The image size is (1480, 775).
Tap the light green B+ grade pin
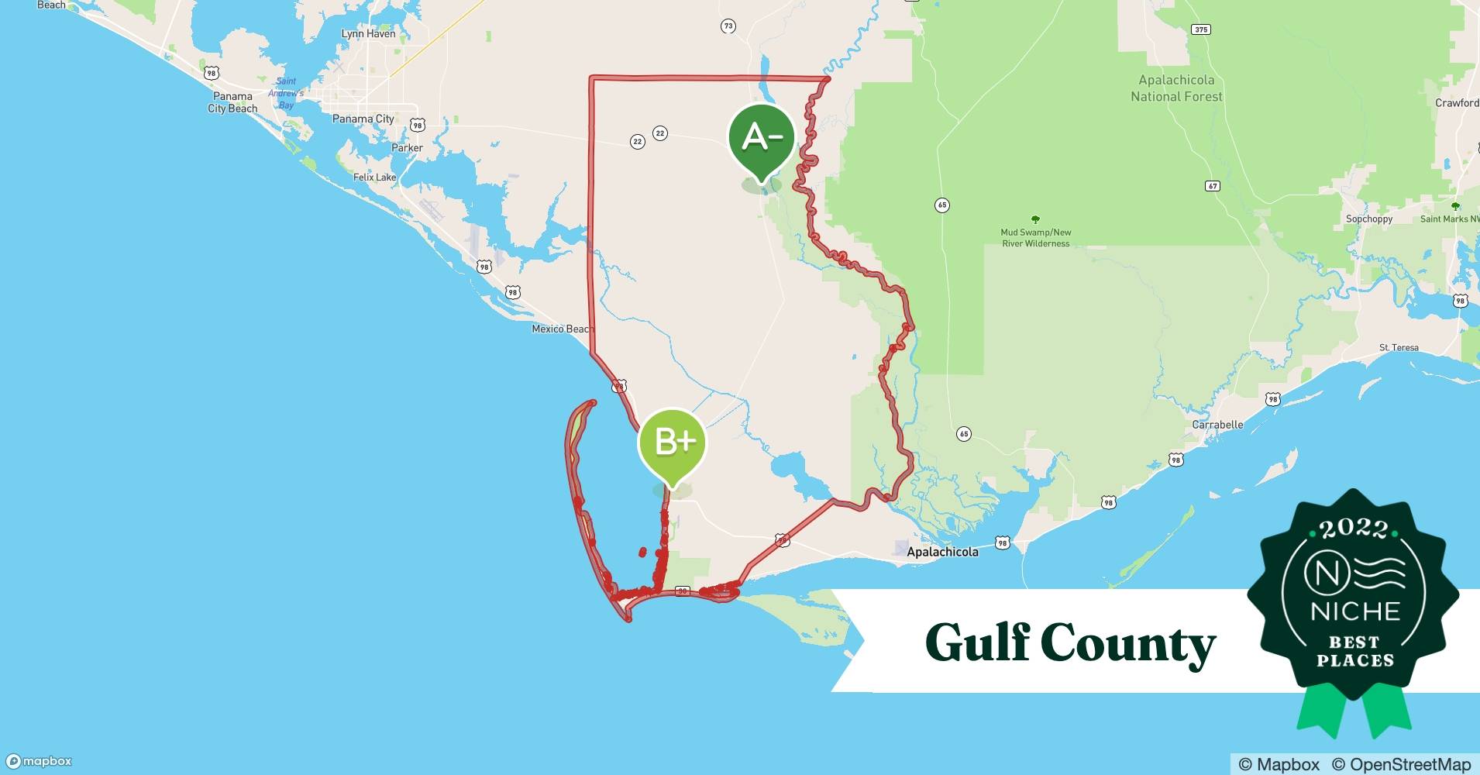tap(672, 443)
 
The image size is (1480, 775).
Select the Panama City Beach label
tap(232, 102)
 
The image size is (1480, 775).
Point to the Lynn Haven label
tap(369, 34)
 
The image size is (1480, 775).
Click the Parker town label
tap(407, 148)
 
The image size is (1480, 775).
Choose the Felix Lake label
tap(374, 177)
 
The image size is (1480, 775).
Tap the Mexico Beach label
tap(562, 329)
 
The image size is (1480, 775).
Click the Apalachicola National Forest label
tap(1176, 88)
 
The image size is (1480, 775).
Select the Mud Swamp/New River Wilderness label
tap(1036, 238)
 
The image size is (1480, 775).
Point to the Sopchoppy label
tap(1369, 219)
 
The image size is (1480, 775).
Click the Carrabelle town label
tap(1217, 425)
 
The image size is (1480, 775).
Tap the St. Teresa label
tap(1399, 348)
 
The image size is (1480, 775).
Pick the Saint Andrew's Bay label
tap(286, 93)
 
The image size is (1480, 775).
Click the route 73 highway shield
tap(728, 26)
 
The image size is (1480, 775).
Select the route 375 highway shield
tap(1200, 29)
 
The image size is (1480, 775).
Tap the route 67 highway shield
tap(1213, 186)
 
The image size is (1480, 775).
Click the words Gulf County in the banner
tap(1070, 643)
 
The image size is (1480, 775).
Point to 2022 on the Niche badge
tap(1353, 529)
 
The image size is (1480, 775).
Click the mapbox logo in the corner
tap(40, 761)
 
